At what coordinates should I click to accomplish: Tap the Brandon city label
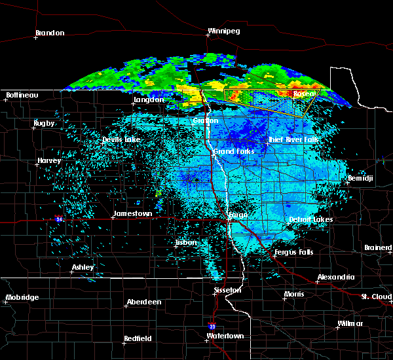pos(50,33)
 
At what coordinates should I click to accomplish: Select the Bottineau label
pos(22,96)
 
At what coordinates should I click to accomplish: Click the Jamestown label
pos(133,214)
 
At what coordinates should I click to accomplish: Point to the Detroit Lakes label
pos(310,219)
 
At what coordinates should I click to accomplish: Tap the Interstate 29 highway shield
pos(211,325)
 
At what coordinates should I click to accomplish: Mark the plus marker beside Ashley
pos(71,272)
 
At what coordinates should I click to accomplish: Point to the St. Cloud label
pos(377,297)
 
